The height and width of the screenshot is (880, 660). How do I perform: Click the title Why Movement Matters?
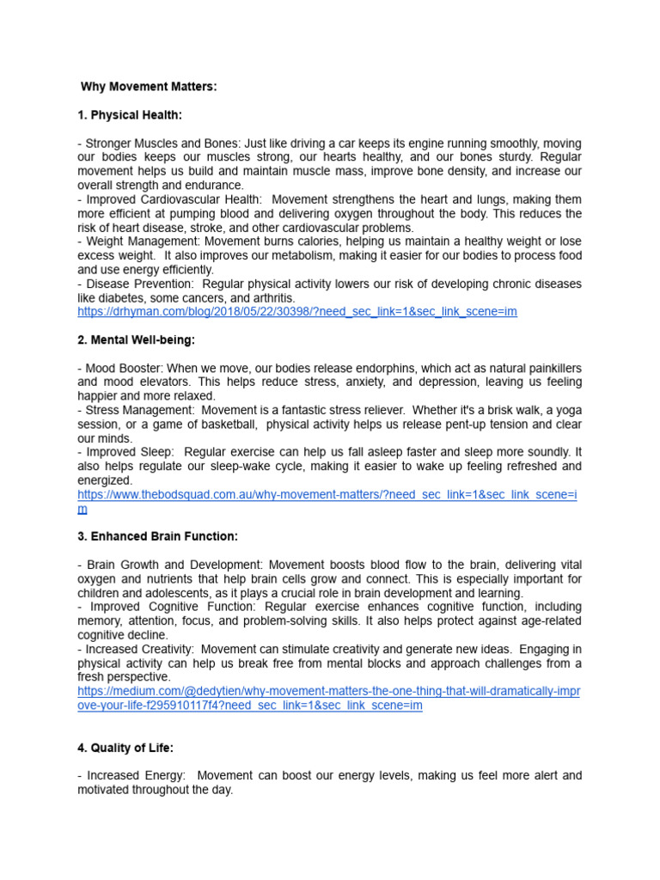(149, 87)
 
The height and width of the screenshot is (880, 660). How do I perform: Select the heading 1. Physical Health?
(130, 115)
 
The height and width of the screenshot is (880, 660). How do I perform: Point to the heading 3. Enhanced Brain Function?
(157, 536)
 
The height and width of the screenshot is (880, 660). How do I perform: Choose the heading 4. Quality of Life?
(125, 747)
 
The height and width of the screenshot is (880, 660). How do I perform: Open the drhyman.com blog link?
(296, 312)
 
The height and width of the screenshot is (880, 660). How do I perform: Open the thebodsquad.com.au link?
(327, 495)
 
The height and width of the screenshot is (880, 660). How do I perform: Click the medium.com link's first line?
(328, 692)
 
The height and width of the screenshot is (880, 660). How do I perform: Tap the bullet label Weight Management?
(136, 241)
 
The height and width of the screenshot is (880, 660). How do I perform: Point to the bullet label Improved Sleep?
(127, 452)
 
